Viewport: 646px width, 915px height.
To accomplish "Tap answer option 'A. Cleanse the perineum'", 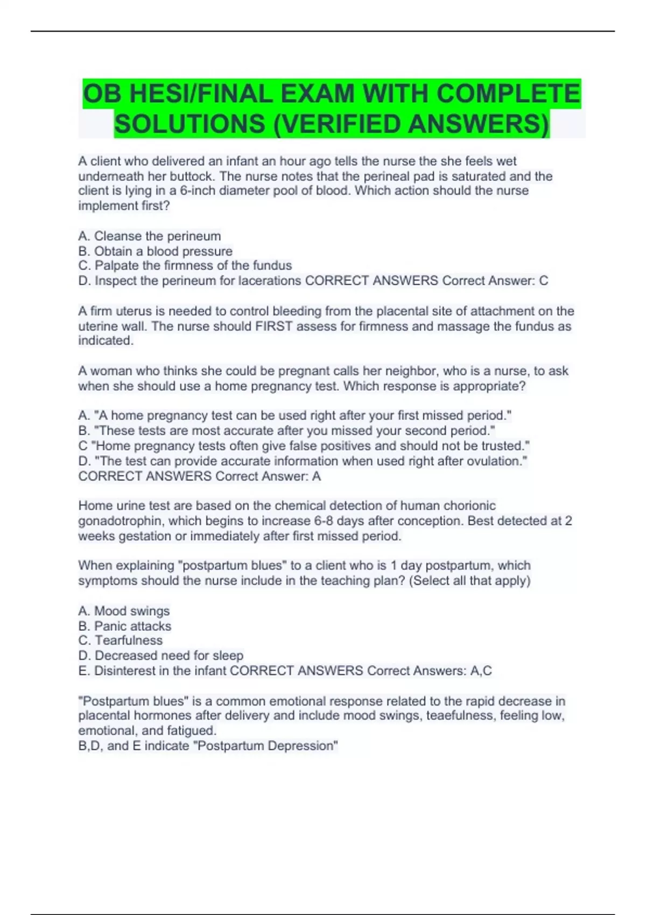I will click(x=149, y=236).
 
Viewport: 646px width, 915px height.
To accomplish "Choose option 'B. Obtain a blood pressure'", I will click(x=155, y=251).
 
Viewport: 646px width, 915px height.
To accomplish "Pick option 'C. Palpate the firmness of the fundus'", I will click(x=185, y=266).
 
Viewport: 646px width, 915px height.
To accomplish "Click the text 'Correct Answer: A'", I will click(x=268, y=476).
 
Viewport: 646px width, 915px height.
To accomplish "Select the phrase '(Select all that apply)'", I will click(x=469, y=581).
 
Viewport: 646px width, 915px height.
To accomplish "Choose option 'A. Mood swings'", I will click(x=124, y=611).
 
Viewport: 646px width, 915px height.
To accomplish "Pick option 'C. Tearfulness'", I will click(x=120, y=640).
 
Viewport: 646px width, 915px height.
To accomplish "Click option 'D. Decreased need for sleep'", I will click(x=160, y=656).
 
